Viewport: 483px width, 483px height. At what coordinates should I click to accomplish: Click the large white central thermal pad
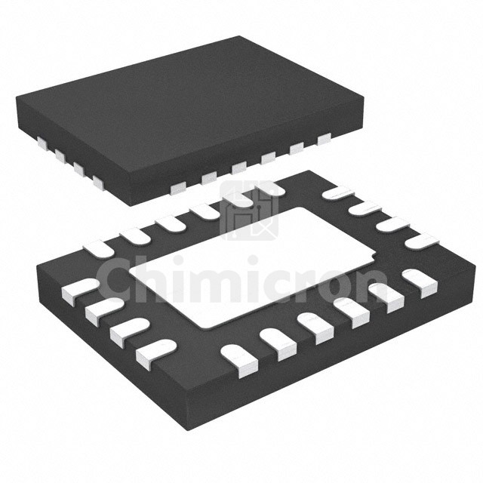[x=253, y=267]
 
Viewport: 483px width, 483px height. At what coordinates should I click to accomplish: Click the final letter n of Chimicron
[x=372, y=287]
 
